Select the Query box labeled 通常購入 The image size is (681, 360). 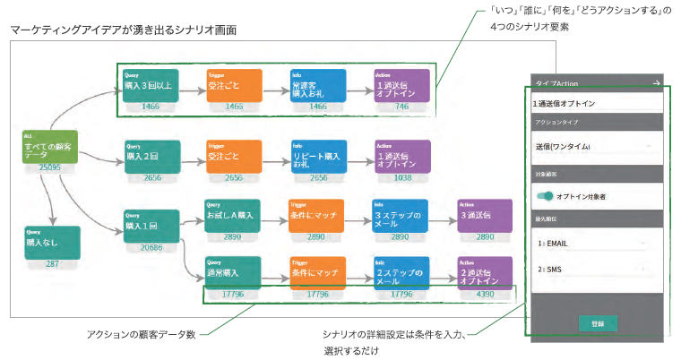pos(232,273)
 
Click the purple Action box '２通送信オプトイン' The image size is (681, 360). pos(484,273)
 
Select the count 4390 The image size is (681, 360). pos(484,294)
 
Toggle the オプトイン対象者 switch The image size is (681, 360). pos(544,196)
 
